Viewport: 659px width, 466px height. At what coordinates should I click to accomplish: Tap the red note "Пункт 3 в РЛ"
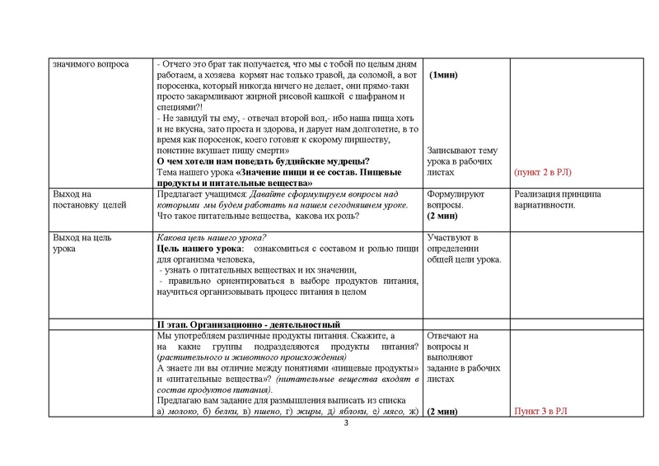pyautogui.click(x=541, y=410)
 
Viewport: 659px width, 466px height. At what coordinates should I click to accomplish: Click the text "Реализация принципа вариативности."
pyautogui.click(x=556, y=199)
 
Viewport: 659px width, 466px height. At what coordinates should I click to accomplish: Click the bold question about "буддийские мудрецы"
pyautogui.click(x=262, y=161)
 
